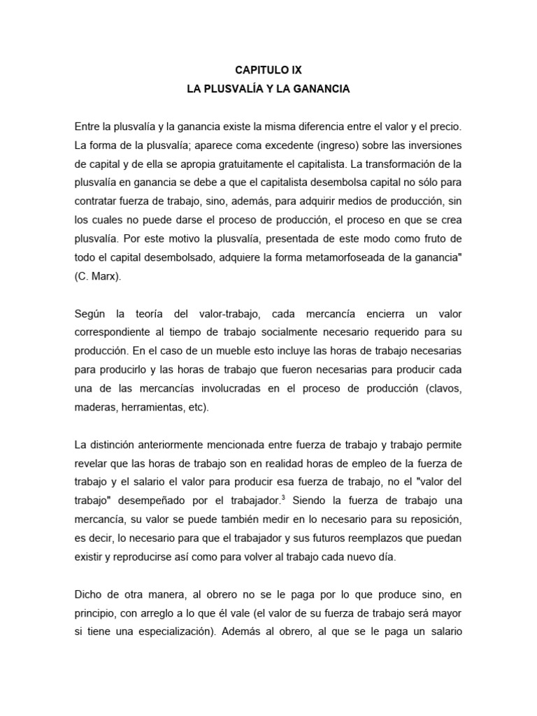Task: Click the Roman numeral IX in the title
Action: (x=295, y=71)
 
